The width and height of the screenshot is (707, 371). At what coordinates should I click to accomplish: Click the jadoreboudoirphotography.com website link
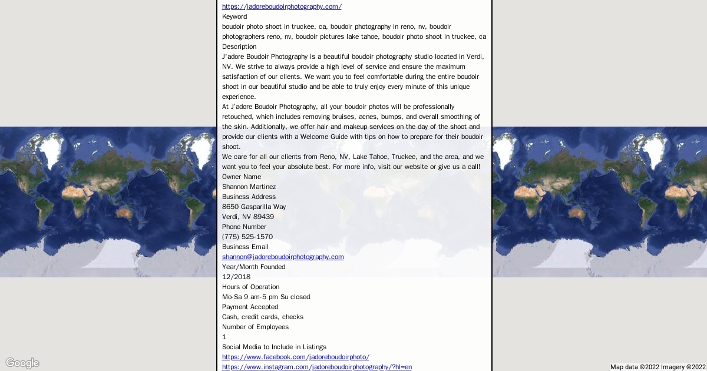(x=282, y=6)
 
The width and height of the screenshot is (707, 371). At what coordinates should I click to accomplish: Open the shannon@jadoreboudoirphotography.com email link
(x=283, y=257)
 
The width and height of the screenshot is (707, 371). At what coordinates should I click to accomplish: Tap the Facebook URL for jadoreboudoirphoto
(x=295, y=357)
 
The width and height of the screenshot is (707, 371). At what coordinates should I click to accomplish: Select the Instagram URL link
(x=316, y=367)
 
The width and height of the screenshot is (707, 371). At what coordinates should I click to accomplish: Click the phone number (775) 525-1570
(x=247, y=237)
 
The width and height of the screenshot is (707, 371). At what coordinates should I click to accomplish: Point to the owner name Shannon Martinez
(x=249, y=187)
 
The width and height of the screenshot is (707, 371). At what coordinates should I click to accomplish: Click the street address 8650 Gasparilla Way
(x=254, y=207)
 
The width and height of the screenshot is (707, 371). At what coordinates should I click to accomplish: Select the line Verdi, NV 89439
(x=248, y=217)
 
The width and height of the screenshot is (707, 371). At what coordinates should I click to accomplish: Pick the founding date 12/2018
(x=236, y=277)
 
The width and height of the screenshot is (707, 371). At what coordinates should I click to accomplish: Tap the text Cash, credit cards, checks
(x=263, y=317)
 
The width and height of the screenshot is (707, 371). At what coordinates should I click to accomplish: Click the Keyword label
(x=234, y=16)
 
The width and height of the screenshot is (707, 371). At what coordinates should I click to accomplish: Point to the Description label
(x=239, y=47)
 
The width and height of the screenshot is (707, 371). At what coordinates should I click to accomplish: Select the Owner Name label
(x=242, y=177)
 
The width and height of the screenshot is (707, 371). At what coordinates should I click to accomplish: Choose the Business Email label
(x=245, y=247)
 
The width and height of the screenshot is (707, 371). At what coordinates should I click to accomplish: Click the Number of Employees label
(x=255, y=327)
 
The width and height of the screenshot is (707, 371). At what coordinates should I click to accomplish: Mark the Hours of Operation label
(x=250, y=287)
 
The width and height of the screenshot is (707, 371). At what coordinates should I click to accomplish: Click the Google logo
(x=22, y=363)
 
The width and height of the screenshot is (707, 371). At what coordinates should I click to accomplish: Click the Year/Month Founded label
(x=253, y=267)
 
